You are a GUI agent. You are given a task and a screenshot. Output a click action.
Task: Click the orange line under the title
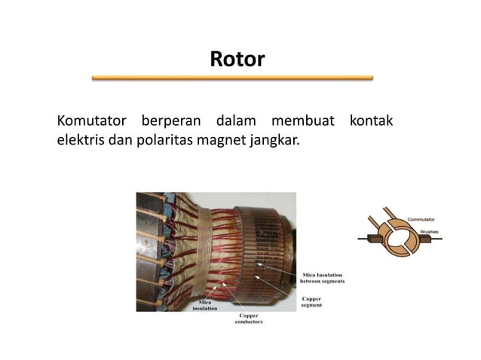pos(232,78)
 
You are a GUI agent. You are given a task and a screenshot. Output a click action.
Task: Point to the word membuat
pos(302,121)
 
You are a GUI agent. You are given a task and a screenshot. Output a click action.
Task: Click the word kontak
pos(371,121)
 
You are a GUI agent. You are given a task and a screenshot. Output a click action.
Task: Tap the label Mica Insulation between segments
pos(323,279)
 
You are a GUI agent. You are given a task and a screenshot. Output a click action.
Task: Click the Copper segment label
pos(311,302)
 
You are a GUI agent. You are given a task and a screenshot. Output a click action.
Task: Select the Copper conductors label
pos(250,318)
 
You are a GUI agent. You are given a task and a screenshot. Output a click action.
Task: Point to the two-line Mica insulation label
pos(204,305)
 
